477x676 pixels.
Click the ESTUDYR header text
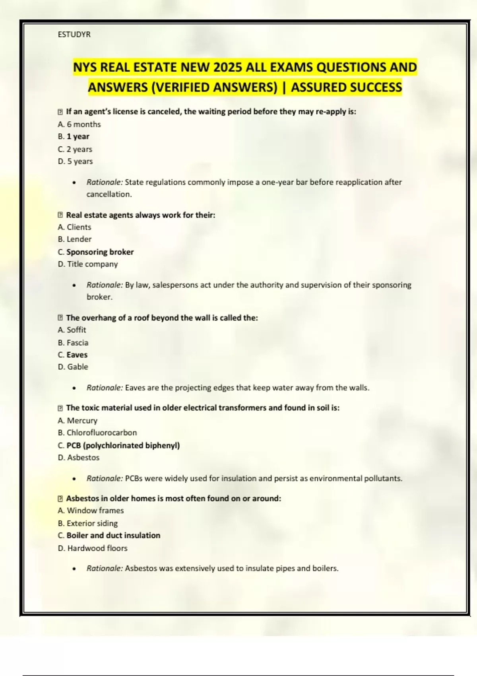(x=74, y=35)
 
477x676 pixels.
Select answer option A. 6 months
(x=79, y=124)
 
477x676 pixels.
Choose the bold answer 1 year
(x=78, y=136)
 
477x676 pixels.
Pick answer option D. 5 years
(x=75, y=161)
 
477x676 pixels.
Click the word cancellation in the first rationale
(x=109, y=194)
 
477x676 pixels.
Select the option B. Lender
(x=74, y=239)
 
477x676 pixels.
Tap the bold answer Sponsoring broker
(x=100, y=252)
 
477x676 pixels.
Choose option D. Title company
(x=88, y=264)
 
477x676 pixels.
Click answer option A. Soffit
(x=72, y=330)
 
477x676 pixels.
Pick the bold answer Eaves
(x=77, y=355)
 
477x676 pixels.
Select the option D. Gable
(x=73, y=367)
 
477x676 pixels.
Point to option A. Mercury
(x=78, y=421)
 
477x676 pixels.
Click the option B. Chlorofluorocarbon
(x=97, y=433)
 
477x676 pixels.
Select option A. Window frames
(x=91, y=511)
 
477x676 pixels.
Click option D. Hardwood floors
(x=93, y=548)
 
